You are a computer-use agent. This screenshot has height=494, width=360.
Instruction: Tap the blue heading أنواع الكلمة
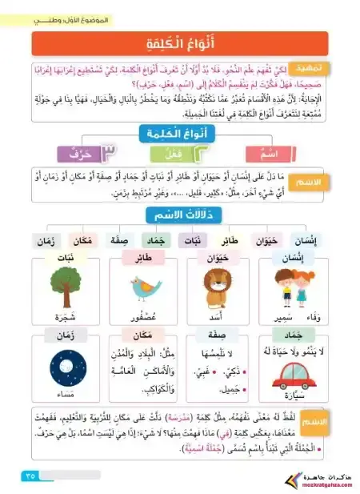click(x=180, y=134)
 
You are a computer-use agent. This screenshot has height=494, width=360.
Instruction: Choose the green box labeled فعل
click(x=183, y=151)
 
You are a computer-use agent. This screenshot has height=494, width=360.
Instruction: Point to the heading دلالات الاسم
click(x=180, y=215)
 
